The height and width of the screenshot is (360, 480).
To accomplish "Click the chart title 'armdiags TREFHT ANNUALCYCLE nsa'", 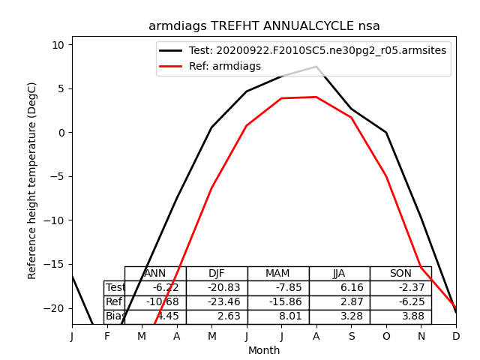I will (264, 26).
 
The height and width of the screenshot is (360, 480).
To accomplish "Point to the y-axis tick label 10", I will (58, 45).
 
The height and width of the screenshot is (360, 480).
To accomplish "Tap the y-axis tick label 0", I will (62, 133).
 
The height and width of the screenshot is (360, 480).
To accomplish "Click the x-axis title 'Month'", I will (264, 350).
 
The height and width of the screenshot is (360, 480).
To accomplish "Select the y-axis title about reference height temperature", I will (32, 191).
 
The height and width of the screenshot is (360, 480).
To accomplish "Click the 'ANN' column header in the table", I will (154, 274).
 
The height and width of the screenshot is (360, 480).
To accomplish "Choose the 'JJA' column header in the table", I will (339, 274).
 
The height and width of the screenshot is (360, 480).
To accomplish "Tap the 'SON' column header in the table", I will (400, 274).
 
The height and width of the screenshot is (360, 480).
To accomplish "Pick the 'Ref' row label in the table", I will (114, 302).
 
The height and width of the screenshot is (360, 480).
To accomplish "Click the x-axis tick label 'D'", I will (456, 337).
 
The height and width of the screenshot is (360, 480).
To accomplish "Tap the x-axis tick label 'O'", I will (386, 337).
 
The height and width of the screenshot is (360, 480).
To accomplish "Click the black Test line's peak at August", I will (316, 67).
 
